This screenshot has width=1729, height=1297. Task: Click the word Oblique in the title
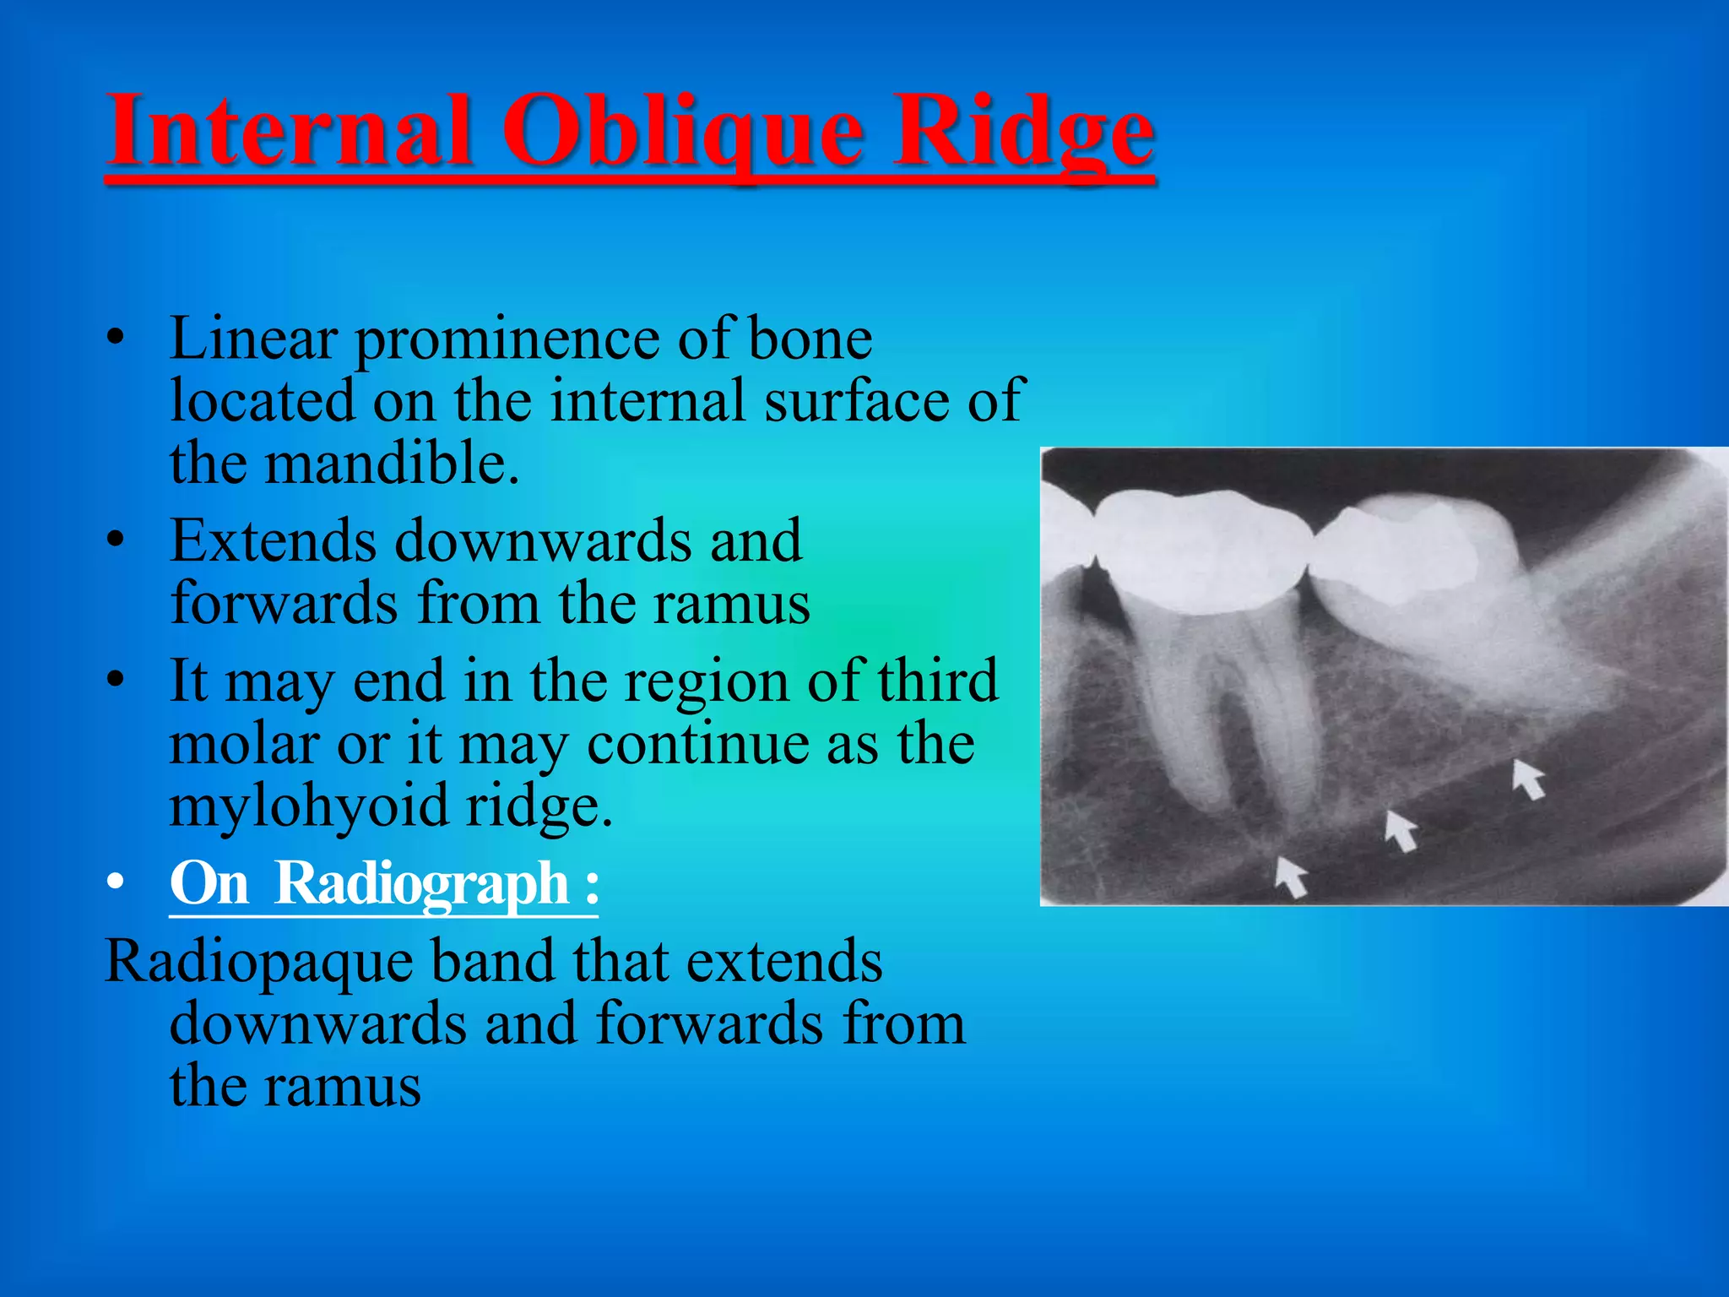pos(684,133)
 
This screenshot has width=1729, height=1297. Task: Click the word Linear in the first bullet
pos(253,339)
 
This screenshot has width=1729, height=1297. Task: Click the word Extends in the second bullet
pos(273,540)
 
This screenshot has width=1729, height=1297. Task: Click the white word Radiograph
pos(422,883)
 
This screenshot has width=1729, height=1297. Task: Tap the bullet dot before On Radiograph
pos(117,883)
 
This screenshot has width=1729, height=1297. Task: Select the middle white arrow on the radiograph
pos(1401,831)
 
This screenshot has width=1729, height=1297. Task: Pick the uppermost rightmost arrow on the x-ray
pos(1528,778)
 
